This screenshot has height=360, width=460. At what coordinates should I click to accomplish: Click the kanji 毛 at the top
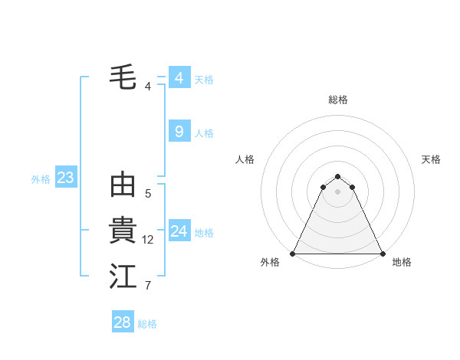tap(123, 78)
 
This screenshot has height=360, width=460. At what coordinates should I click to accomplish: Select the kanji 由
tap(123, 185)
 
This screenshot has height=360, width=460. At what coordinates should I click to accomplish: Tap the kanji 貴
tap(123, 231)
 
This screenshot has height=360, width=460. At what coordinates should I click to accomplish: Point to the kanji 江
tap(123, 277)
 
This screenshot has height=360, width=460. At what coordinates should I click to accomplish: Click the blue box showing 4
tap(179, 78)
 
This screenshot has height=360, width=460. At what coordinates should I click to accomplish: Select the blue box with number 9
tap(179, 132)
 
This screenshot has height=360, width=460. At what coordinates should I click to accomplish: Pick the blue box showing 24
tap(179, 231)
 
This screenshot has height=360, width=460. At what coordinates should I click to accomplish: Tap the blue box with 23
tap(65, 178)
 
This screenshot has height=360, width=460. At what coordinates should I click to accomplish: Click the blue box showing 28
tap(122, 322)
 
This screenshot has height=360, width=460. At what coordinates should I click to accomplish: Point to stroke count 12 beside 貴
tap(148, 240)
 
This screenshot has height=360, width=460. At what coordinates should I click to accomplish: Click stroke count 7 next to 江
tap(148, 286)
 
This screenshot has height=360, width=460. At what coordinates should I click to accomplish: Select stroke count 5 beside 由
tap(148, 194)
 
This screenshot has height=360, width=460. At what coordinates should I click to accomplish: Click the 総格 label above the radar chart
tap(337, 100)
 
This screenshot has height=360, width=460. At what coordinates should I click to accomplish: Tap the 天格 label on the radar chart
tap(431, 159)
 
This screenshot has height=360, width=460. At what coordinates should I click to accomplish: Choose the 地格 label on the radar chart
tap(402, 262)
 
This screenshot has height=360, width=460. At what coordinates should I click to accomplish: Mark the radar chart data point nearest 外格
tap(293, 254)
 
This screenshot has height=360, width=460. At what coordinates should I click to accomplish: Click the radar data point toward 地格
tap(382, 254)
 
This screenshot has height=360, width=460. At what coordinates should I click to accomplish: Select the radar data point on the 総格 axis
tap(337, 176)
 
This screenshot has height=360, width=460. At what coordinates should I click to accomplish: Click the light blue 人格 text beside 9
tap(204, 133)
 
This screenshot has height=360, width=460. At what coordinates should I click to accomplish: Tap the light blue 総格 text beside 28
tap(147, 324)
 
